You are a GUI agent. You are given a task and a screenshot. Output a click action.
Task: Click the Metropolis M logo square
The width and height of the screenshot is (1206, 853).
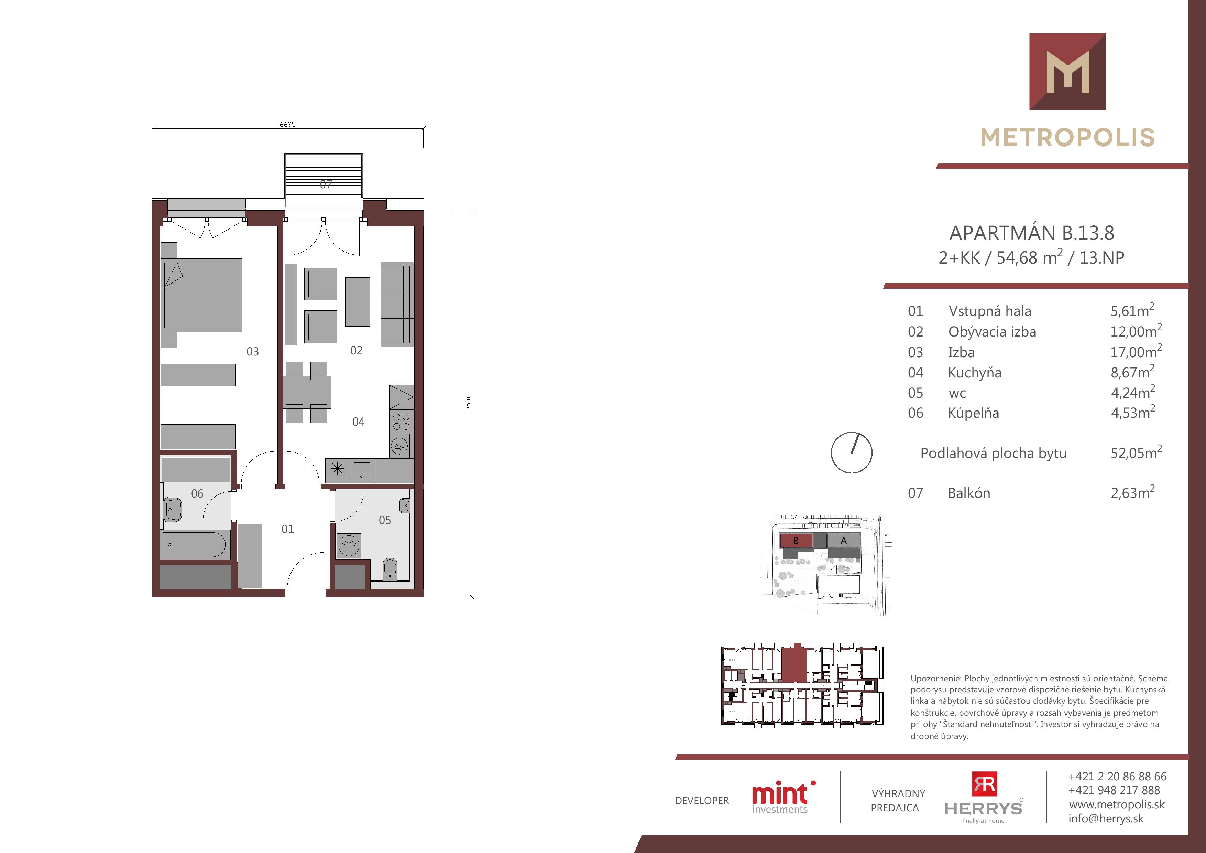coord(1067,72)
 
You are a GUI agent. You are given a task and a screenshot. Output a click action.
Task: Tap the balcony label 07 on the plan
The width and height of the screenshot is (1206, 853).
coord(326,184)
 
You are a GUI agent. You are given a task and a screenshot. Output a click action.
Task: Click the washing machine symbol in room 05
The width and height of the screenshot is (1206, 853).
coord(349,545)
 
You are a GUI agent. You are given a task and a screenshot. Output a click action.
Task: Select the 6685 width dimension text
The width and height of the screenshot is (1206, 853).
coord(287,125)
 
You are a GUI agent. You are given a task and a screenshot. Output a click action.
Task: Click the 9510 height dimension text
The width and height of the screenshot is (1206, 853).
coord(468,404)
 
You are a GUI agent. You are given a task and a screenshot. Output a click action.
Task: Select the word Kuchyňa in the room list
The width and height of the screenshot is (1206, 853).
coord(974,373)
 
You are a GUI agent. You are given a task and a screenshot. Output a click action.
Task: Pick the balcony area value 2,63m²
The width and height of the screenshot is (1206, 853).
coord(1132,492)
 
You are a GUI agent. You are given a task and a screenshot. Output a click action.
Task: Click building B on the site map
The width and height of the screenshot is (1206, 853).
coord(796,540)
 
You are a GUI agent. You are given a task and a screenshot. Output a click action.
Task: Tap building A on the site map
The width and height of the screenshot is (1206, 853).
coord(844,540)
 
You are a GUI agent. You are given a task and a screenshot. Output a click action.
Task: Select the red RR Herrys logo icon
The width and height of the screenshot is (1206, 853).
coord(984,784)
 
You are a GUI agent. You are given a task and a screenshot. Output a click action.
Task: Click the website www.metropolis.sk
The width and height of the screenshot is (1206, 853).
coord(1117,804)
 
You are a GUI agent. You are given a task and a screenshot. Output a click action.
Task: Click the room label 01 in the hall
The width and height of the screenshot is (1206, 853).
coord(287,529)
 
